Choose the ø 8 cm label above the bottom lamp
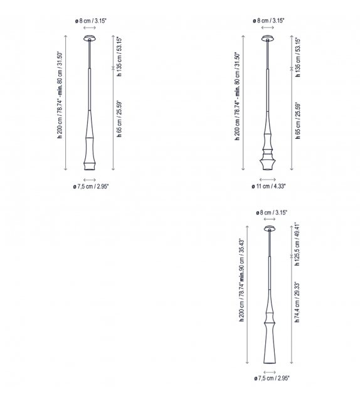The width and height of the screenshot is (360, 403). [272, 213]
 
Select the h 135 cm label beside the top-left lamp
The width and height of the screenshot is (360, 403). [119, 56]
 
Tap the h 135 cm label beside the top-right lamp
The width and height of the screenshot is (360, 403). [298, 56]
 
